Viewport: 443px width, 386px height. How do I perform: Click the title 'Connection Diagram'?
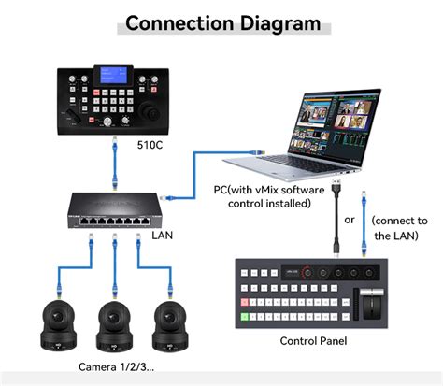pyautogui.click(x=222, y=22)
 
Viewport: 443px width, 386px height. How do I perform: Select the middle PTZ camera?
pyautogui.click(x=113, y=323)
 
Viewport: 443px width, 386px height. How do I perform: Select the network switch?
pyautogui.click(x=113, y=207)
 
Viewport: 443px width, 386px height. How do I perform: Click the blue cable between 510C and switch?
pyautogui.click(x=113, y=159)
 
